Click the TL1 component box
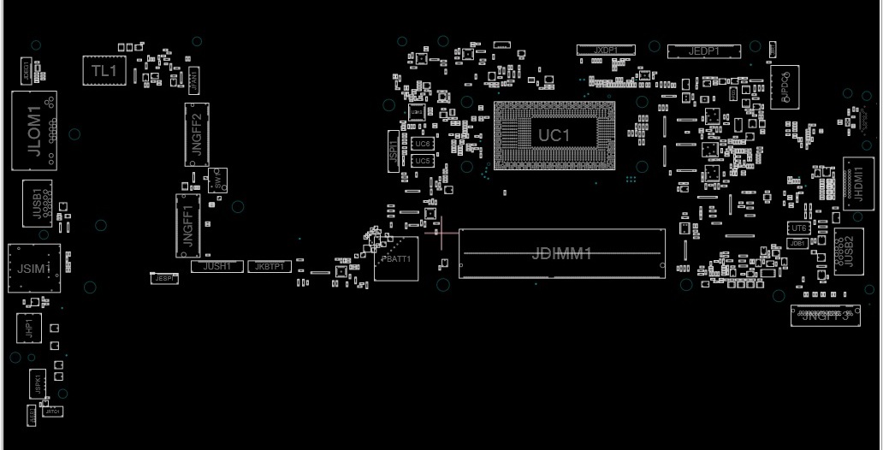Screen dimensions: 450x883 coord(104,71)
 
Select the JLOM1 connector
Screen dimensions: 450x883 coord(35,130)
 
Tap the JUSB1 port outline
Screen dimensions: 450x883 coord(38,204)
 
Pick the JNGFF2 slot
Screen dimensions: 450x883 coord(197,134)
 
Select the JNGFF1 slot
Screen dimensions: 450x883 coord(188,225)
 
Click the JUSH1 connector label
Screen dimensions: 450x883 coord(217,267)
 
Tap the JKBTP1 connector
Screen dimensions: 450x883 coord(269,267)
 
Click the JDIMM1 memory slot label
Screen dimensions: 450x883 coord(561,253)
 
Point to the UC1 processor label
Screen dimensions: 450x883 coord(554,135)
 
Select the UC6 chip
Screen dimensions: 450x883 coord(423,144)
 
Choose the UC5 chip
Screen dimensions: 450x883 coord(423,161)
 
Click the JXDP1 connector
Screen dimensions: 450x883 coord(606,50)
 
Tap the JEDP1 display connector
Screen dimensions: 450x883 coord(703,51)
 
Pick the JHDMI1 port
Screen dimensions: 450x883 coord(858,180)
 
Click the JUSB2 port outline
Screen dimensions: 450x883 coord(848,251)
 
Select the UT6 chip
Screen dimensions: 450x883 coord(798,228)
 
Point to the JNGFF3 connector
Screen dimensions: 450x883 coord(825,315)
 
